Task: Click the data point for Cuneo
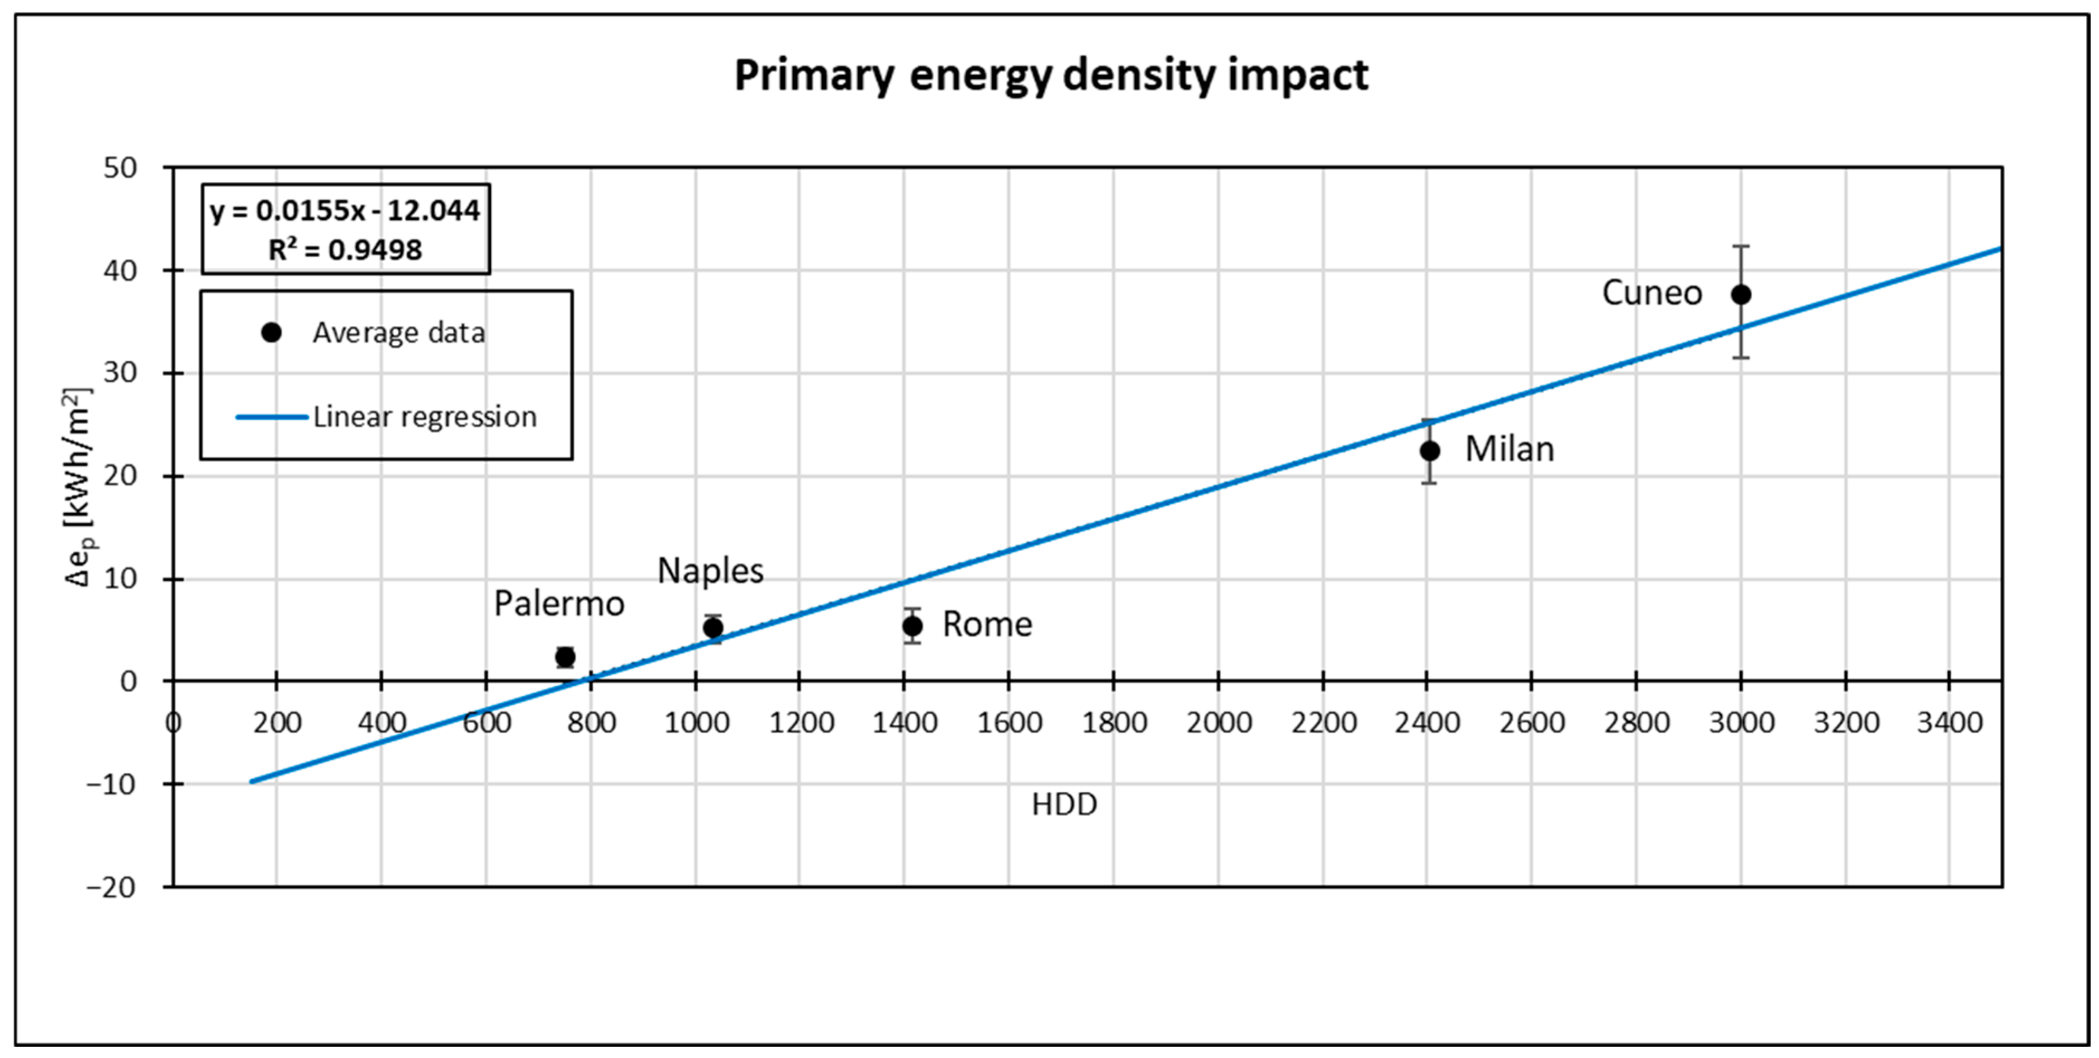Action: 1740,294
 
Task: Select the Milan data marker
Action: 1429,451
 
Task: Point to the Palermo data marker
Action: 565,657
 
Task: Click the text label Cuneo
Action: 1651,293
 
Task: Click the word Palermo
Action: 559,604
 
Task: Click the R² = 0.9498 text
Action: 345,249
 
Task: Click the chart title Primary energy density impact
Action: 1051,75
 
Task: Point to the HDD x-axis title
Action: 1064,805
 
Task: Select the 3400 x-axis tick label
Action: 1949,722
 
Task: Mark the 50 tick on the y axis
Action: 121,168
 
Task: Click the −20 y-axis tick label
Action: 112,887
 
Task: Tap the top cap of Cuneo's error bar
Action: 1740,246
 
